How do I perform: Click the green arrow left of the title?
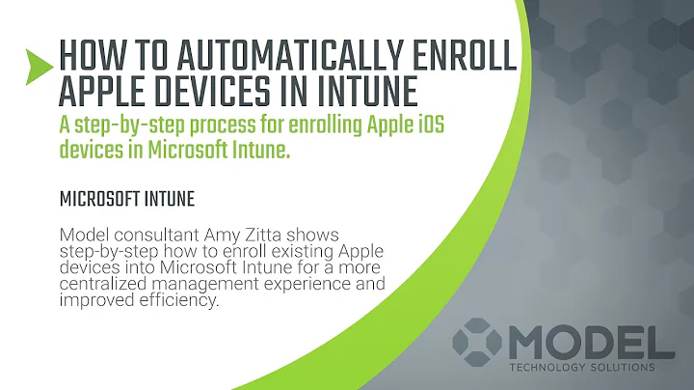click(x=38, y=65)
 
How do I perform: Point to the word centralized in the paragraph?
click(x=107, y=286)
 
